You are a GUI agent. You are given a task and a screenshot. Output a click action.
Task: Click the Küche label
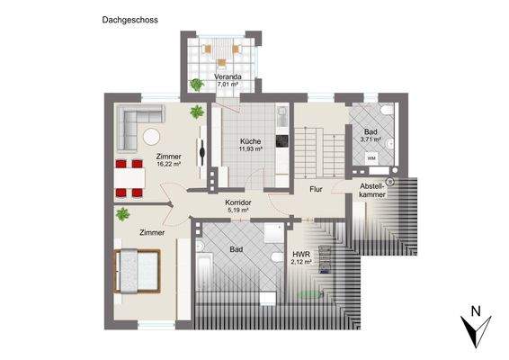click(x=251, y=141)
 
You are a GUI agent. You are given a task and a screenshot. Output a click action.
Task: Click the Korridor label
click(x=238, y=203)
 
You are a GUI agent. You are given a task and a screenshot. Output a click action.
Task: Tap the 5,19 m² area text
click(x=238, y=211)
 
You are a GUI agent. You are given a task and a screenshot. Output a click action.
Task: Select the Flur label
click(x=316, y=190)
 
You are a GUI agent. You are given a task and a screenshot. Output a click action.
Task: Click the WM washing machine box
click(x=372, y=159)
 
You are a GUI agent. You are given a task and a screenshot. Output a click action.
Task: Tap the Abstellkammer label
click(x=371, y=189)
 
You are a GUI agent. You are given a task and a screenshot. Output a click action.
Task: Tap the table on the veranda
click(x=221, y=49)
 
